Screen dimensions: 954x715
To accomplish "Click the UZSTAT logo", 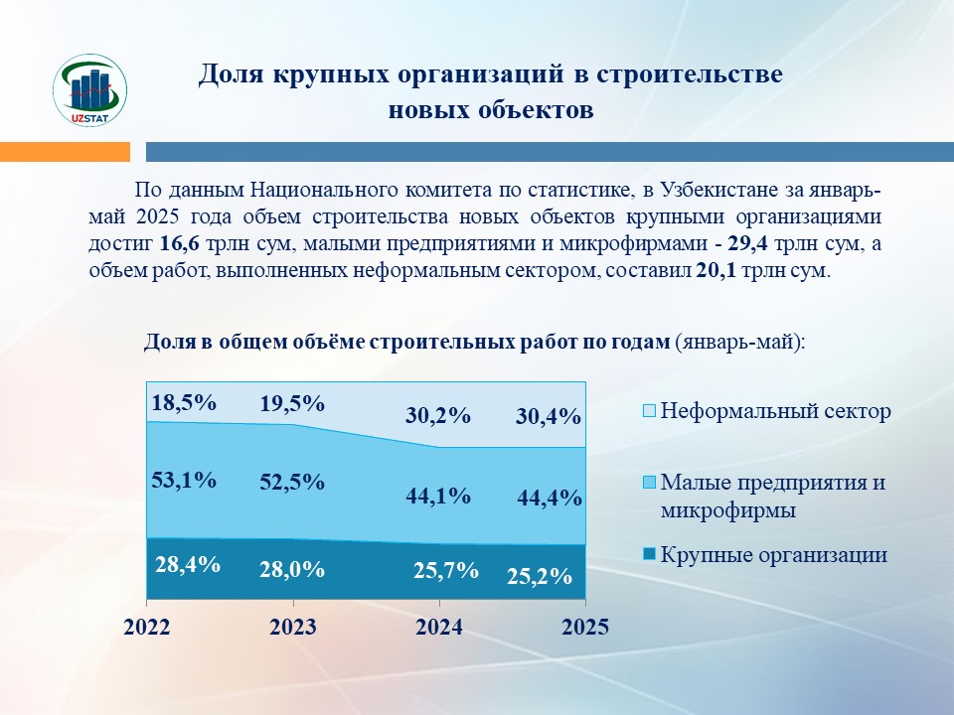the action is (90, 90).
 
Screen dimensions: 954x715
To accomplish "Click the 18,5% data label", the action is (184, 402).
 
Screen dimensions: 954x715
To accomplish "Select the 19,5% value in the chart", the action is (292, 404).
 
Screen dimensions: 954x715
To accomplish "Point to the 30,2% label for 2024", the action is (438, 416).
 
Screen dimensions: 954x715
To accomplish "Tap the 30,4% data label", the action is (549, 417).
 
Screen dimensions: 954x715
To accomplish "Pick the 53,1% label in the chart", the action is (184, 481).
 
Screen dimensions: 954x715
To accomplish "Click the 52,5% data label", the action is (292, 483).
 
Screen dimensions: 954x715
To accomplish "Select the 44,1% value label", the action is (438, 497).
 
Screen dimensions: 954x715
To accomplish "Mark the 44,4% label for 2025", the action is (550, 498).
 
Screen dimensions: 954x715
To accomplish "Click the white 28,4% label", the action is (188, 565).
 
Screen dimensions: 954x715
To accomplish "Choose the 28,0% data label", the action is (292, 570).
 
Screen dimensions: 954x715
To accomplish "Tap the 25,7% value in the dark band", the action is (446, 571).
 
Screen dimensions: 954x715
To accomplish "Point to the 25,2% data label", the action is (540, 576).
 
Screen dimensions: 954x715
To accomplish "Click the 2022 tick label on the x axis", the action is (147, 627).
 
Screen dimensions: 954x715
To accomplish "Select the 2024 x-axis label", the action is (438, 627).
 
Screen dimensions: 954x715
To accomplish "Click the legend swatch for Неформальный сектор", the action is (649, 411).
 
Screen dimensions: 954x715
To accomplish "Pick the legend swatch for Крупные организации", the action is (649, 554).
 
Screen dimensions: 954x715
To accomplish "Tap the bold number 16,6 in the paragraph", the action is (180, 244).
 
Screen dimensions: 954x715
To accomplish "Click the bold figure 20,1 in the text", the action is (715, 270).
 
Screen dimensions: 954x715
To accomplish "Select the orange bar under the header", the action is (66, 152).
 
